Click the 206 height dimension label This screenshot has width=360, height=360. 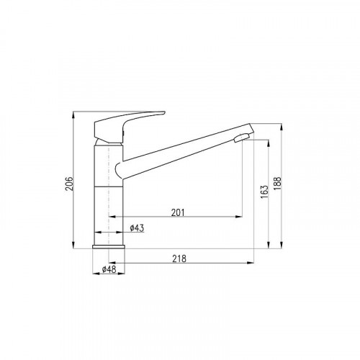69,184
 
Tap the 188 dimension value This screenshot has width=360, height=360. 277,184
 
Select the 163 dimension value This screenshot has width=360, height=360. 264,192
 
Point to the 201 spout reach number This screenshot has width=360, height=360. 178,212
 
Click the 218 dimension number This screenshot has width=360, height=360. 179,258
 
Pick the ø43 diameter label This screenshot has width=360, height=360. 137,228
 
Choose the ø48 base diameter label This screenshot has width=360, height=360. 109,269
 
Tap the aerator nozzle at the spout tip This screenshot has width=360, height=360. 242,138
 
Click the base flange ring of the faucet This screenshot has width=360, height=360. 109,247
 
